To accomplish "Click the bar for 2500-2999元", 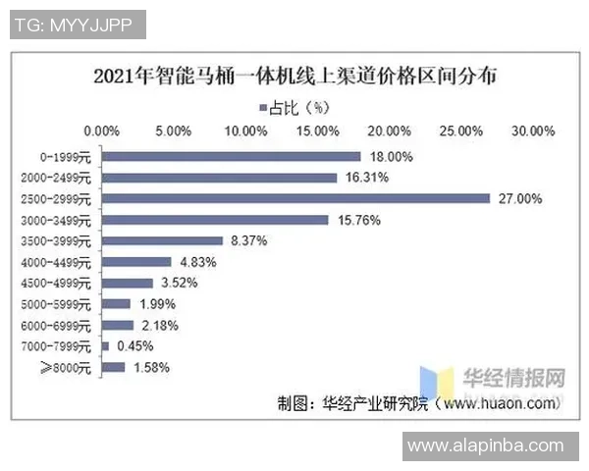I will [295, 198].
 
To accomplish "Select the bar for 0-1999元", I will [232, 156].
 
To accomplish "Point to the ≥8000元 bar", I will [114, 367].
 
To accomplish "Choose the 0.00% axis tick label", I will [102, 130].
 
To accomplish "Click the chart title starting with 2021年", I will [294, 77].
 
